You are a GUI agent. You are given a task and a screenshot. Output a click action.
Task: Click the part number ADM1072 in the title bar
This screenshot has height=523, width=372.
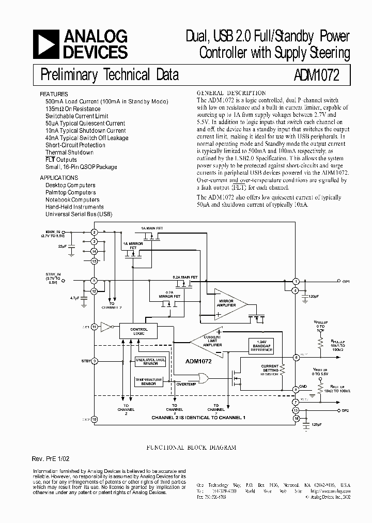[x=313, y=75]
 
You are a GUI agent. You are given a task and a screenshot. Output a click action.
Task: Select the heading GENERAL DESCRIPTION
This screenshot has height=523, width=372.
[x=231, y=93]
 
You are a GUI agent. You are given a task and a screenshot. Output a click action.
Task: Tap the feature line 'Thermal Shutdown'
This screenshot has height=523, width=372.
[x=69, y=152]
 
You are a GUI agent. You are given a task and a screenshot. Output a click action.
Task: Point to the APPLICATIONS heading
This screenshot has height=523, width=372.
[x=59, y=177]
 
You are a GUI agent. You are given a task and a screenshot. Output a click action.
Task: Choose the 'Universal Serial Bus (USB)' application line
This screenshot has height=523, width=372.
[x=79, y=214]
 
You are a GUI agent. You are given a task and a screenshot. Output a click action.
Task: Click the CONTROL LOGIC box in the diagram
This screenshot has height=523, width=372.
[x=139, y=331]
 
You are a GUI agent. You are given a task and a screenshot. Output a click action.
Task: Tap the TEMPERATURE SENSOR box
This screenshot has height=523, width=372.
[x=149, y=381]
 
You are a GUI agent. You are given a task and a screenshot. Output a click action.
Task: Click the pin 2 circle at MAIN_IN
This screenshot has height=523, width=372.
[x=95, y=233]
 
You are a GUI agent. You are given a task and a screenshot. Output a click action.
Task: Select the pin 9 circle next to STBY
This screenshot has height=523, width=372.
[x=95, y=362]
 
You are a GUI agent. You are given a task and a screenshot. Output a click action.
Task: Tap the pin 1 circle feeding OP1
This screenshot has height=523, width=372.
[x=296, y=281]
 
